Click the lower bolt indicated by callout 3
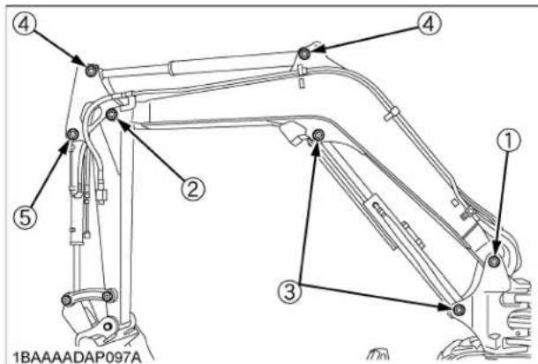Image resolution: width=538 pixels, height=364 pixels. tap(459, 308)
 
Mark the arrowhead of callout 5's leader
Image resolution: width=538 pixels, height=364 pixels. tap(67, 143)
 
